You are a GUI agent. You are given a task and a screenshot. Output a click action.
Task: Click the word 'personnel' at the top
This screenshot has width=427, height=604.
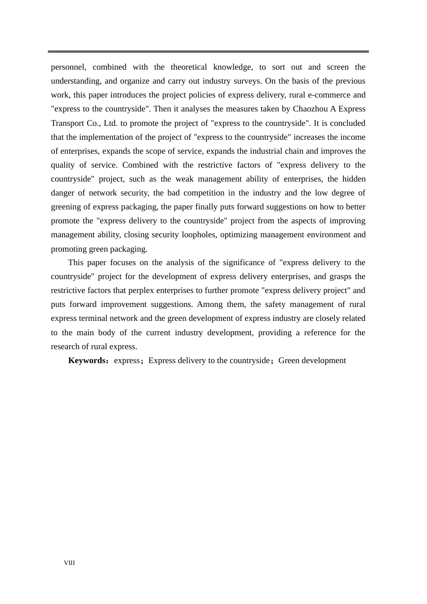(68, 67)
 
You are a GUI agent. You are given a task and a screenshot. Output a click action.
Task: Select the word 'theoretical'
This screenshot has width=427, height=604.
(189, 67)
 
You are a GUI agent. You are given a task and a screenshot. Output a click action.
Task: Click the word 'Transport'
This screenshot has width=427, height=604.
(68, 123)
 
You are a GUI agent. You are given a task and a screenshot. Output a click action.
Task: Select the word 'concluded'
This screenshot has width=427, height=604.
(348, 123)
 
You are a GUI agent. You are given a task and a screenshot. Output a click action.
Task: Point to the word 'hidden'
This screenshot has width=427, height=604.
(353, 179)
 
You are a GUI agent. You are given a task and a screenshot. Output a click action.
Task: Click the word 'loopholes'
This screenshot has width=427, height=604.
(198, 235)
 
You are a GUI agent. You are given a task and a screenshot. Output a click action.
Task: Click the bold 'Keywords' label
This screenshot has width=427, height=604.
(86, 360)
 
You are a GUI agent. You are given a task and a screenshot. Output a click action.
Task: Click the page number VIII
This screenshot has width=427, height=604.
(69, 563)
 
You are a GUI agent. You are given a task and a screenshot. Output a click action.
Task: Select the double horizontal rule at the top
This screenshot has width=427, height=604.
(209, 52)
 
